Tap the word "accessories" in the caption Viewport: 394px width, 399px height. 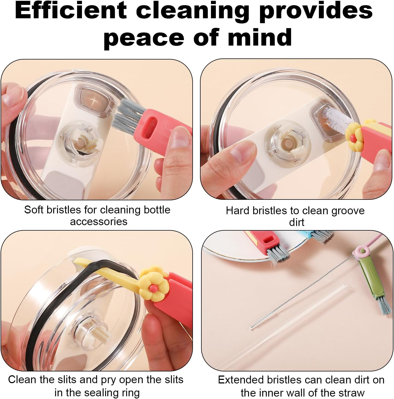[x=99, y=221]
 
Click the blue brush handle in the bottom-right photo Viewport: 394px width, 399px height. [x=305, y=234]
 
